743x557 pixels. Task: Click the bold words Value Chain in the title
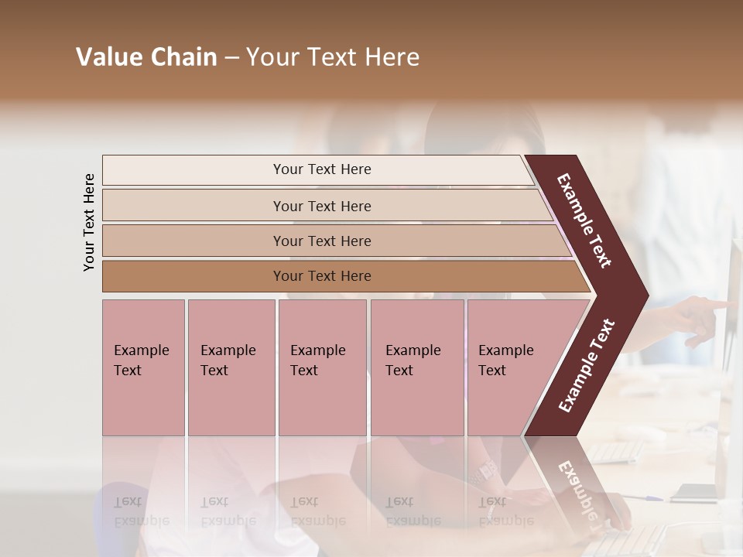click(146, 57)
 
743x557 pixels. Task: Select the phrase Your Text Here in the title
click(333, 57)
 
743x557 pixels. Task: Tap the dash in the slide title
click(231, 58)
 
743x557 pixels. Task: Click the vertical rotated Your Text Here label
click(89, 222)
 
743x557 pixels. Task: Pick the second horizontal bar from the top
click(321, 206)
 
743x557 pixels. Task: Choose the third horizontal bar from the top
click(321, 241)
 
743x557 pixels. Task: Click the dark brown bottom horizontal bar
click(321, 276)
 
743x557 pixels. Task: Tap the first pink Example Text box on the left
click(143, 367)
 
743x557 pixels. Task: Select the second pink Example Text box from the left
click(231, 367)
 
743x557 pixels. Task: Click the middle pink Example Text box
click(322, 367)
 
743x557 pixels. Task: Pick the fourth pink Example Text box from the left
click(416, 367)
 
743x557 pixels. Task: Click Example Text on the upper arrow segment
click(584, 220)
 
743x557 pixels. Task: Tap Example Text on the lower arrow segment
click(587, 365)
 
